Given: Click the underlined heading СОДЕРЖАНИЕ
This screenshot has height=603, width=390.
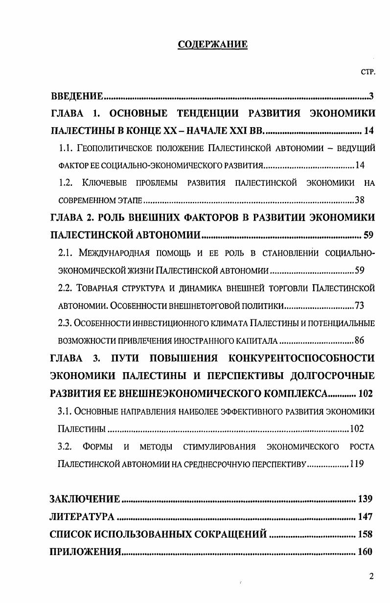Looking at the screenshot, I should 212,45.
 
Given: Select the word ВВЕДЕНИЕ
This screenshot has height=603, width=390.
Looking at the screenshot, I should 76,96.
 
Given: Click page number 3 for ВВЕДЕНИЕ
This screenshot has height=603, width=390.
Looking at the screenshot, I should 372,96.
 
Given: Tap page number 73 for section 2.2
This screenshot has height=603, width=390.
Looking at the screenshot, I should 359,306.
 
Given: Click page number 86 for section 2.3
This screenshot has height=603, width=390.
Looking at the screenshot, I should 359,340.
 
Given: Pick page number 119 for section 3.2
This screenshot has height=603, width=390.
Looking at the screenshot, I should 357,464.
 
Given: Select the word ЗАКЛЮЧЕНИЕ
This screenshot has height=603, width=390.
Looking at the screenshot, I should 85,499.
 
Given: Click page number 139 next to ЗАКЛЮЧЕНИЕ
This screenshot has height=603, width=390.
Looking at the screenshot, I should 365,499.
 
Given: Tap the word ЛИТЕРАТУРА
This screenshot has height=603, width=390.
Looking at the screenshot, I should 83,517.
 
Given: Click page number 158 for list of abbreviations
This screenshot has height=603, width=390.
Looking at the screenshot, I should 365,535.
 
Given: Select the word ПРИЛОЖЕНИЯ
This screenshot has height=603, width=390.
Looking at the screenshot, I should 85,552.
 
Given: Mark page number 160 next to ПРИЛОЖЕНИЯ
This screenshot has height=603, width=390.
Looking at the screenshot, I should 365,552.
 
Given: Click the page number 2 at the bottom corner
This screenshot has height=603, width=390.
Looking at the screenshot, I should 371,576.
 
